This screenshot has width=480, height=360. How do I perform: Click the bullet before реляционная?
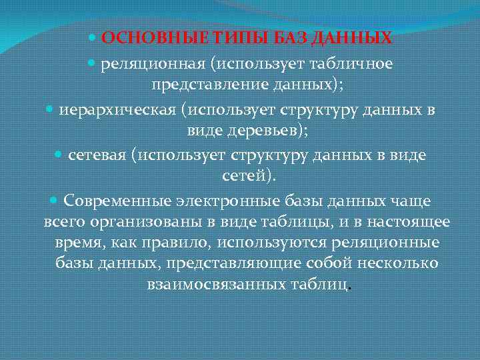pyautogui.click(x=92, y=64)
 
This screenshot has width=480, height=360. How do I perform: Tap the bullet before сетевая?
pyautogui.click(x=57, y=156)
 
